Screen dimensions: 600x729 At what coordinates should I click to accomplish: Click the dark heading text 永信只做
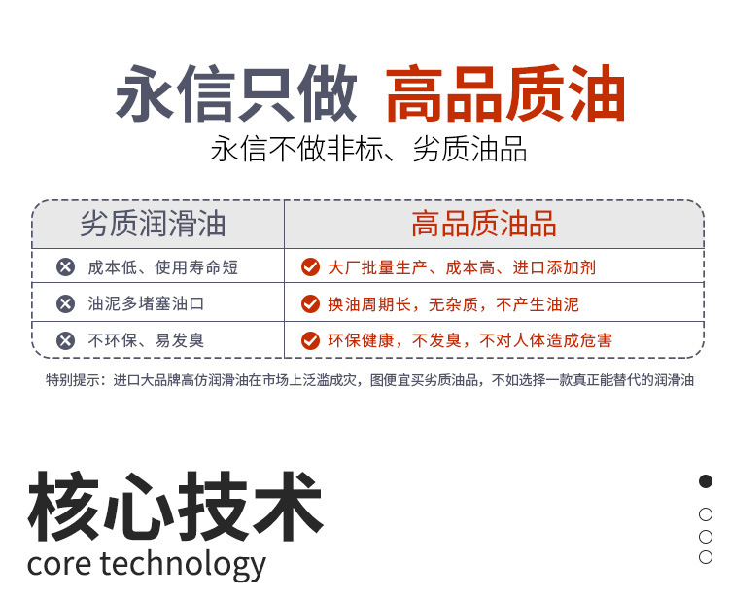pos(237,94)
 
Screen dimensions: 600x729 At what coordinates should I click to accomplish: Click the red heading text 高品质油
pos(505,94)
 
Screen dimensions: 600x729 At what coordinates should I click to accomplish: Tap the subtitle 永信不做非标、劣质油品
pos(368,150)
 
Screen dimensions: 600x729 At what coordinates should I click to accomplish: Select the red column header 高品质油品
pos(483,225)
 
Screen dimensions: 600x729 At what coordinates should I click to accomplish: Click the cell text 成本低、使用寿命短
pos(162,266)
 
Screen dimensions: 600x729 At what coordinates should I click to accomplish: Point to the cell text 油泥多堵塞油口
pos(146,303)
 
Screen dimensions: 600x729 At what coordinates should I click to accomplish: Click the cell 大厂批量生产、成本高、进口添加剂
pos(461,266)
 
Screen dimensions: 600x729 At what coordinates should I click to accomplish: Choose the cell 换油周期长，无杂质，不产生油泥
pos(453,303)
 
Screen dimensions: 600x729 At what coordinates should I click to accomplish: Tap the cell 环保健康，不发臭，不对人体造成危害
pos(469,340)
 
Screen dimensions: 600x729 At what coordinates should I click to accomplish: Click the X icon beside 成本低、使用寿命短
pos(65,266)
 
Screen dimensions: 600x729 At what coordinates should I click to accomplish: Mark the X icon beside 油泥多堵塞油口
pos(65,303)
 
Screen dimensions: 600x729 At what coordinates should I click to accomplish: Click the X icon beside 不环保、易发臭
pos(65,340)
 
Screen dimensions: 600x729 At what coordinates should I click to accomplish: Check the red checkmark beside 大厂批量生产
pos(310,266)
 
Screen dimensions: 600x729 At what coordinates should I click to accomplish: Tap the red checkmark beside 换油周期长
pos(310,303)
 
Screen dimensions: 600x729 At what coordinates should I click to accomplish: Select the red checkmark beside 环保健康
pos(310,340)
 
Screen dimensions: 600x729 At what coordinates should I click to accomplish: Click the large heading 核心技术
pos(175,507)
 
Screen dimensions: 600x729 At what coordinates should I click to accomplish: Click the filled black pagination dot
pos(706,481)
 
